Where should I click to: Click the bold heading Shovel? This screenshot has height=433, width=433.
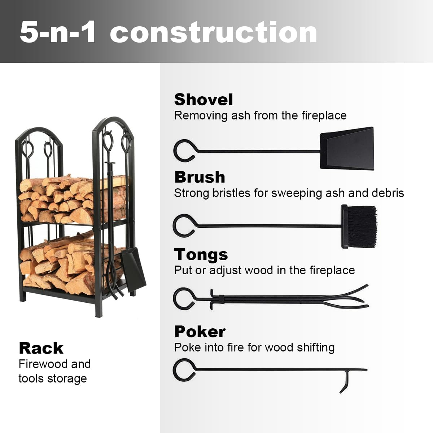[204, 100]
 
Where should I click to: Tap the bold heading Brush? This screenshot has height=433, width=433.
[200, 177]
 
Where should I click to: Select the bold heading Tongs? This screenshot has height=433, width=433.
[201, 254]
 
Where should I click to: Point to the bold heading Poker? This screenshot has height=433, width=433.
[200, 332]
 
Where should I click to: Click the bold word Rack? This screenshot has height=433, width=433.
[41, 348]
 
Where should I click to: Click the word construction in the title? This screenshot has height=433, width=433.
[213, 32]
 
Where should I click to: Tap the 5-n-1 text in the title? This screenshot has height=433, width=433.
[58, 32]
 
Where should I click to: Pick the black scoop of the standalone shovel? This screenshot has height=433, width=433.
[347, 148]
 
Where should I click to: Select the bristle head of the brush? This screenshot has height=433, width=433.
[359, 227]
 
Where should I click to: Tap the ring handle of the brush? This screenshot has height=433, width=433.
[184, 226]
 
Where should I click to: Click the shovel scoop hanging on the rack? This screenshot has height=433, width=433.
[133, 269]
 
